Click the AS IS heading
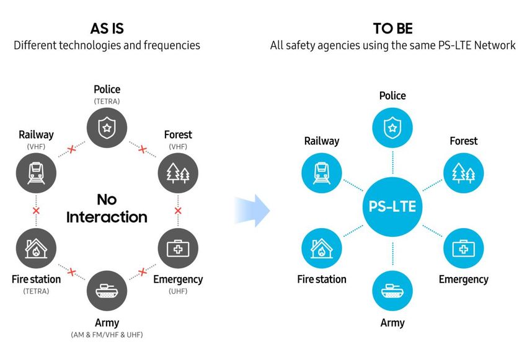click(107, 29)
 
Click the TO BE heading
click(392, 29)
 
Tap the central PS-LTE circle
click(392, 206)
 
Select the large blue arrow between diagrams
click(252, 211)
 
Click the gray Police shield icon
click(107, 128)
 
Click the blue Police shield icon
click(392, 128)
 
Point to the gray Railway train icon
click(36, 173)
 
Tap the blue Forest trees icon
click(464, 173)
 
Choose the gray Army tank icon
click(107, 291)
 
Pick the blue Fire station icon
click(322, 248)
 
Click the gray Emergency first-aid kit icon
click(178, 248)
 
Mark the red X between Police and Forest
click(143, 149)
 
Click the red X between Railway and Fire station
click(36, 211)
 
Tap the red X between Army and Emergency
click(143, 271)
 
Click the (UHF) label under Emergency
click(178, 291)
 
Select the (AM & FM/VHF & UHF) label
click(107, 335)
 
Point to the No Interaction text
click(107, 208)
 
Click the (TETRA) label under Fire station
click(36, 291)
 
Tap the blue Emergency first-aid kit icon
click(464, 248)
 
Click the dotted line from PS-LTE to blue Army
click(392, 253)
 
